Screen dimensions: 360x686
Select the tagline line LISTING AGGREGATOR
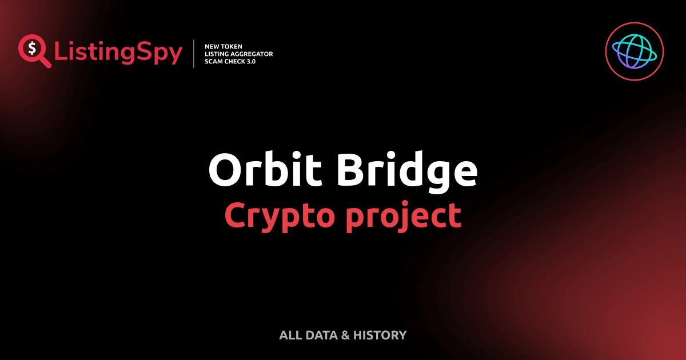[238, 54]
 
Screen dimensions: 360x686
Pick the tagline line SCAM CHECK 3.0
[230, 61]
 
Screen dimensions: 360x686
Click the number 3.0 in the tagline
[249, 61]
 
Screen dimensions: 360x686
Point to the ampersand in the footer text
[345, 335]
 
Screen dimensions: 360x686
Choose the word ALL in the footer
[289, 335]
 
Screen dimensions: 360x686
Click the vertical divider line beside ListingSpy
[194, 54]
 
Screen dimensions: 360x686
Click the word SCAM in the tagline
[213, 61]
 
